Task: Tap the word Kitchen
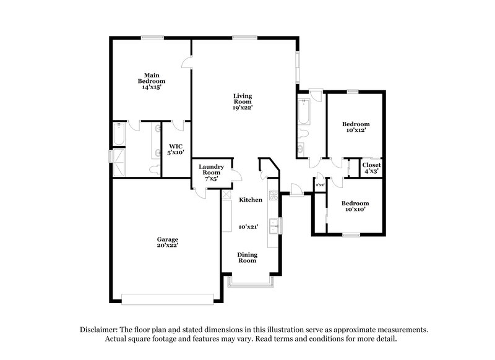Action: (x=251, y=200)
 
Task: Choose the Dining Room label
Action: (x=247, y=257)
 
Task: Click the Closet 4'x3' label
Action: (x=372, y=168)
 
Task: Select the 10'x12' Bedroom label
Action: (x=356, y=127)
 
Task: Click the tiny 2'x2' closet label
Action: (x=321, y=185)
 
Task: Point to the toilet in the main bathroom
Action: (x=155, y=168)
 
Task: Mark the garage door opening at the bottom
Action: (x=170, y=298)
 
